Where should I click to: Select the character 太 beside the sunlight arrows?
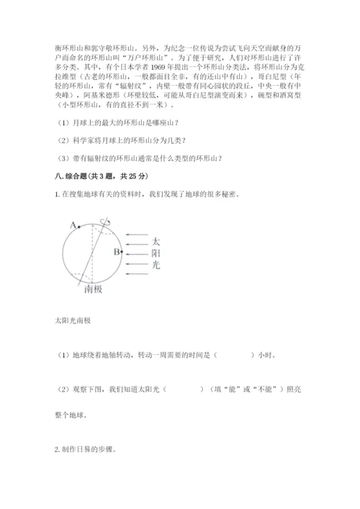pos(156,240)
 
